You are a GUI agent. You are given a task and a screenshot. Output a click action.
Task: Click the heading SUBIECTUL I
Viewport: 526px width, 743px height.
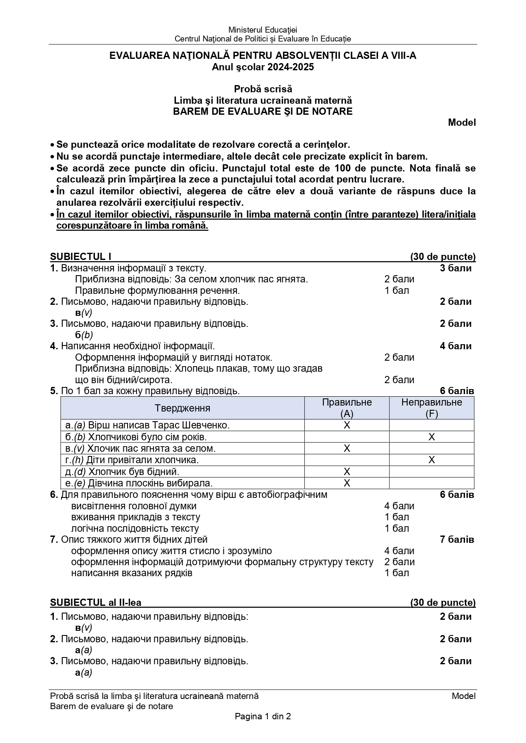[81, 257]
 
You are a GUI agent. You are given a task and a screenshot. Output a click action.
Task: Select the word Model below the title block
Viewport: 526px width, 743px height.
[462, 123]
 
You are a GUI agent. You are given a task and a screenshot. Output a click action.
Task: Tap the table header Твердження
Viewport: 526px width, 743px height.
[182, 408]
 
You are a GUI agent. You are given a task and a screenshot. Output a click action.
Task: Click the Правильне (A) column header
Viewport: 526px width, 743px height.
[347, 408]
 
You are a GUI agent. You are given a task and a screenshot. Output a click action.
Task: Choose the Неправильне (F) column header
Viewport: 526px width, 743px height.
[431, 408]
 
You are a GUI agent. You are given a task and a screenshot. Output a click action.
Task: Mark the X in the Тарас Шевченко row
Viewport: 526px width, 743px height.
[347, 425]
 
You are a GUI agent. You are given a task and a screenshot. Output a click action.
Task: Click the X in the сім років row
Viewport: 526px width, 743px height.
[431, 437]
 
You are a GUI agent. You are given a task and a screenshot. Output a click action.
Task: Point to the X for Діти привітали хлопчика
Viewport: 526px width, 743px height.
[431, 460]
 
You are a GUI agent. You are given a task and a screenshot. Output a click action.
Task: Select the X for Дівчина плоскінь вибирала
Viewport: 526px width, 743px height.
[347, 483]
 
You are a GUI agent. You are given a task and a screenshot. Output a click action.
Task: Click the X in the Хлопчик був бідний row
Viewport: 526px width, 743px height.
[347, 472]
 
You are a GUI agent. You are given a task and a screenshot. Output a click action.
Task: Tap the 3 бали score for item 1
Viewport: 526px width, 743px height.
[456, 268]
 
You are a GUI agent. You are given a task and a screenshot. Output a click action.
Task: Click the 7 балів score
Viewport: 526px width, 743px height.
[457, 539]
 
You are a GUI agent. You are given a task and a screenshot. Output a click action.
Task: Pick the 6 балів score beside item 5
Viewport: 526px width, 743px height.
[457, 391]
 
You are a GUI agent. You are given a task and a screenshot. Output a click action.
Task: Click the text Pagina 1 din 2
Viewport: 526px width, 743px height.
[263, 716]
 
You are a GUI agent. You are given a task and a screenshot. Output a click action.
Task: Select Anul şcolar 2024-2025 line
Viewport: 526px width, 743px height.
[263, 67]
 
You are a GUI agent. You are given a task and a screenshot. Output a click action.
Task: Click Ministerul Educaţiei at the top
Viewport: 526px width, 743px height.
[263, 30]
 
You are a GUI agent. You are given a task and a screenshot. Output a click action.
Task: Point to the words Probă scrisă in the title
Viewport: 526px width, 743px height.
[263, 89]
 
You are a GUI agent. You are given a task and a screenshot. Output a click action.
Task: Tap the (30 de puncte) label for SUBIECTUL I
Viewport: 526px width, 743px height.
[443, 257]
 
